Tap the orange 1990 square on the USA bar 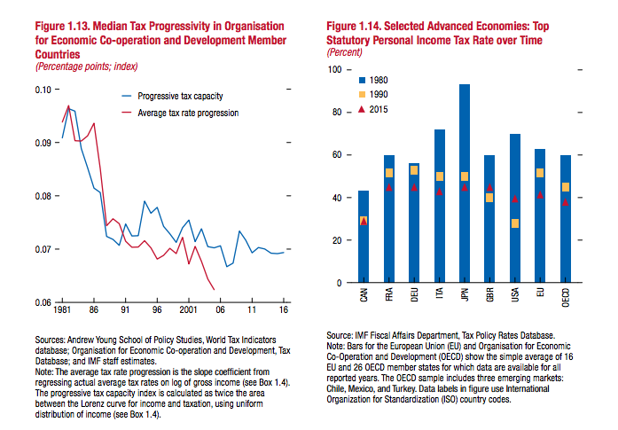click(x=514, y=223)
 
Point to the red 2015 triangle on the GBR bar click(x=489, y=188)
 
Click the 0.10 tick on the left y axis click(x=39, y=90)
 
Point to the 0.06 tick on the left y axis click(x=39, y=303)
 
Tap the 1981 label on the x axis click(x=62, y=311)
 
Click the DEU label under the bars click(x=414, y=294)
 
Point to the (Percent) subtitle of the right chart click(x=346, y=53)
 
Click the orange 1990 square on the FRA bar click(x=388, y=173)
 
